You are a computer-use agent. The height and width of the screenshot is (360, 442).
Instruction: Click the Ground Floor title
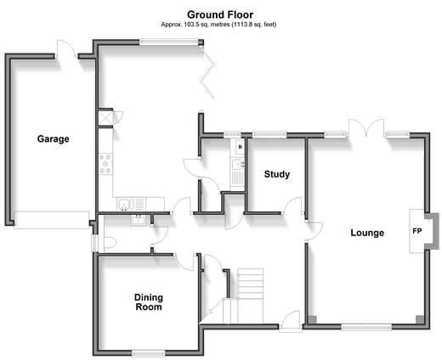pos(220,14)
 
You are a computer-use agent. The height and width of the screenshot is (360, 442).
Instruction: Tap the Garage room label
pos(54,139)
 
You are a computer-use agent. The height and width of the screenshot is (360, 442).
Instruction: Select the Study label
pos(277,174)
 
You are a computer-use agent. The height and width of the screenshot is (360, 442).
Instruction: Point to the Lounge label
pos(367,233)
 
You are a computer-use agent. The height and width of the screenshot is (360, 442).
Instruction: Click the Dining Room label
pos(149,302)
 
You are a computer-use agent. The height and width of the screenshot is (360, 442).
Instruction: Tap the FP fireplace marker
pos(417,231)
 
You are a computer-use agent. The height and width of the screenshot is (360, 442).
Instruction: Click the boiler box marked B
pos(240,147)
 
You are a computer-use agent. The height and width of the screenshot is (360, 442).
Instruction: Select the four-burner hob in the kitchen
pos(105,164)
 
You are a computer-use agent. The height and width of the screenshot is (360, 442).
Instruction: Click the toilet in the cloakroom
pos(110,243)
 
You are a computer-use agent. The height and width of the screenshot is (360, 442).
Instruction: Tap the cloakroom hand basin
pos(138,220)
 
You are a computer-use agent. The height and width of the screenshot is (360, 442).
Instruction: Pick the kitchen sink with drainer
pos(131,204)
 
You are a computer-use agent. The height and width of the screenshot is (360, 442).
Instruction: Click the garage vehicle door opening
pos(51,220)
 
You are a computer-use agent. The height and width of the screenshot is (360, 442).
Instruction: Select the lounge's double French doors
pos(366,128)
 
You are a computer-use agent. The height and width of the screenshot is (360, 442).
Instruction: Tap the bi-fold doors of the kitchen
pos(207,72)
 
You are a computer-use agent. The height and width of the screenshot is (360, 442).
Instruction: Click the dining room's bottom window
pos(148,353)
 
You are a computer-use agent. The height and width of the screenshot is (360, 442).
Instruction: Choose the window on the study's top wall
pos(269,135)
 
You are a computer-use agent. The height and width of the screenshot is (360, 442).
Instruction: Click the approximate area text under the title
pos(218,25)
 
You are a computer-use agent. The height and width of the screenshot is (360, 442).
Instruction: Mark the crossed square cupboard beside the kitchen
pos(105,118)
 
